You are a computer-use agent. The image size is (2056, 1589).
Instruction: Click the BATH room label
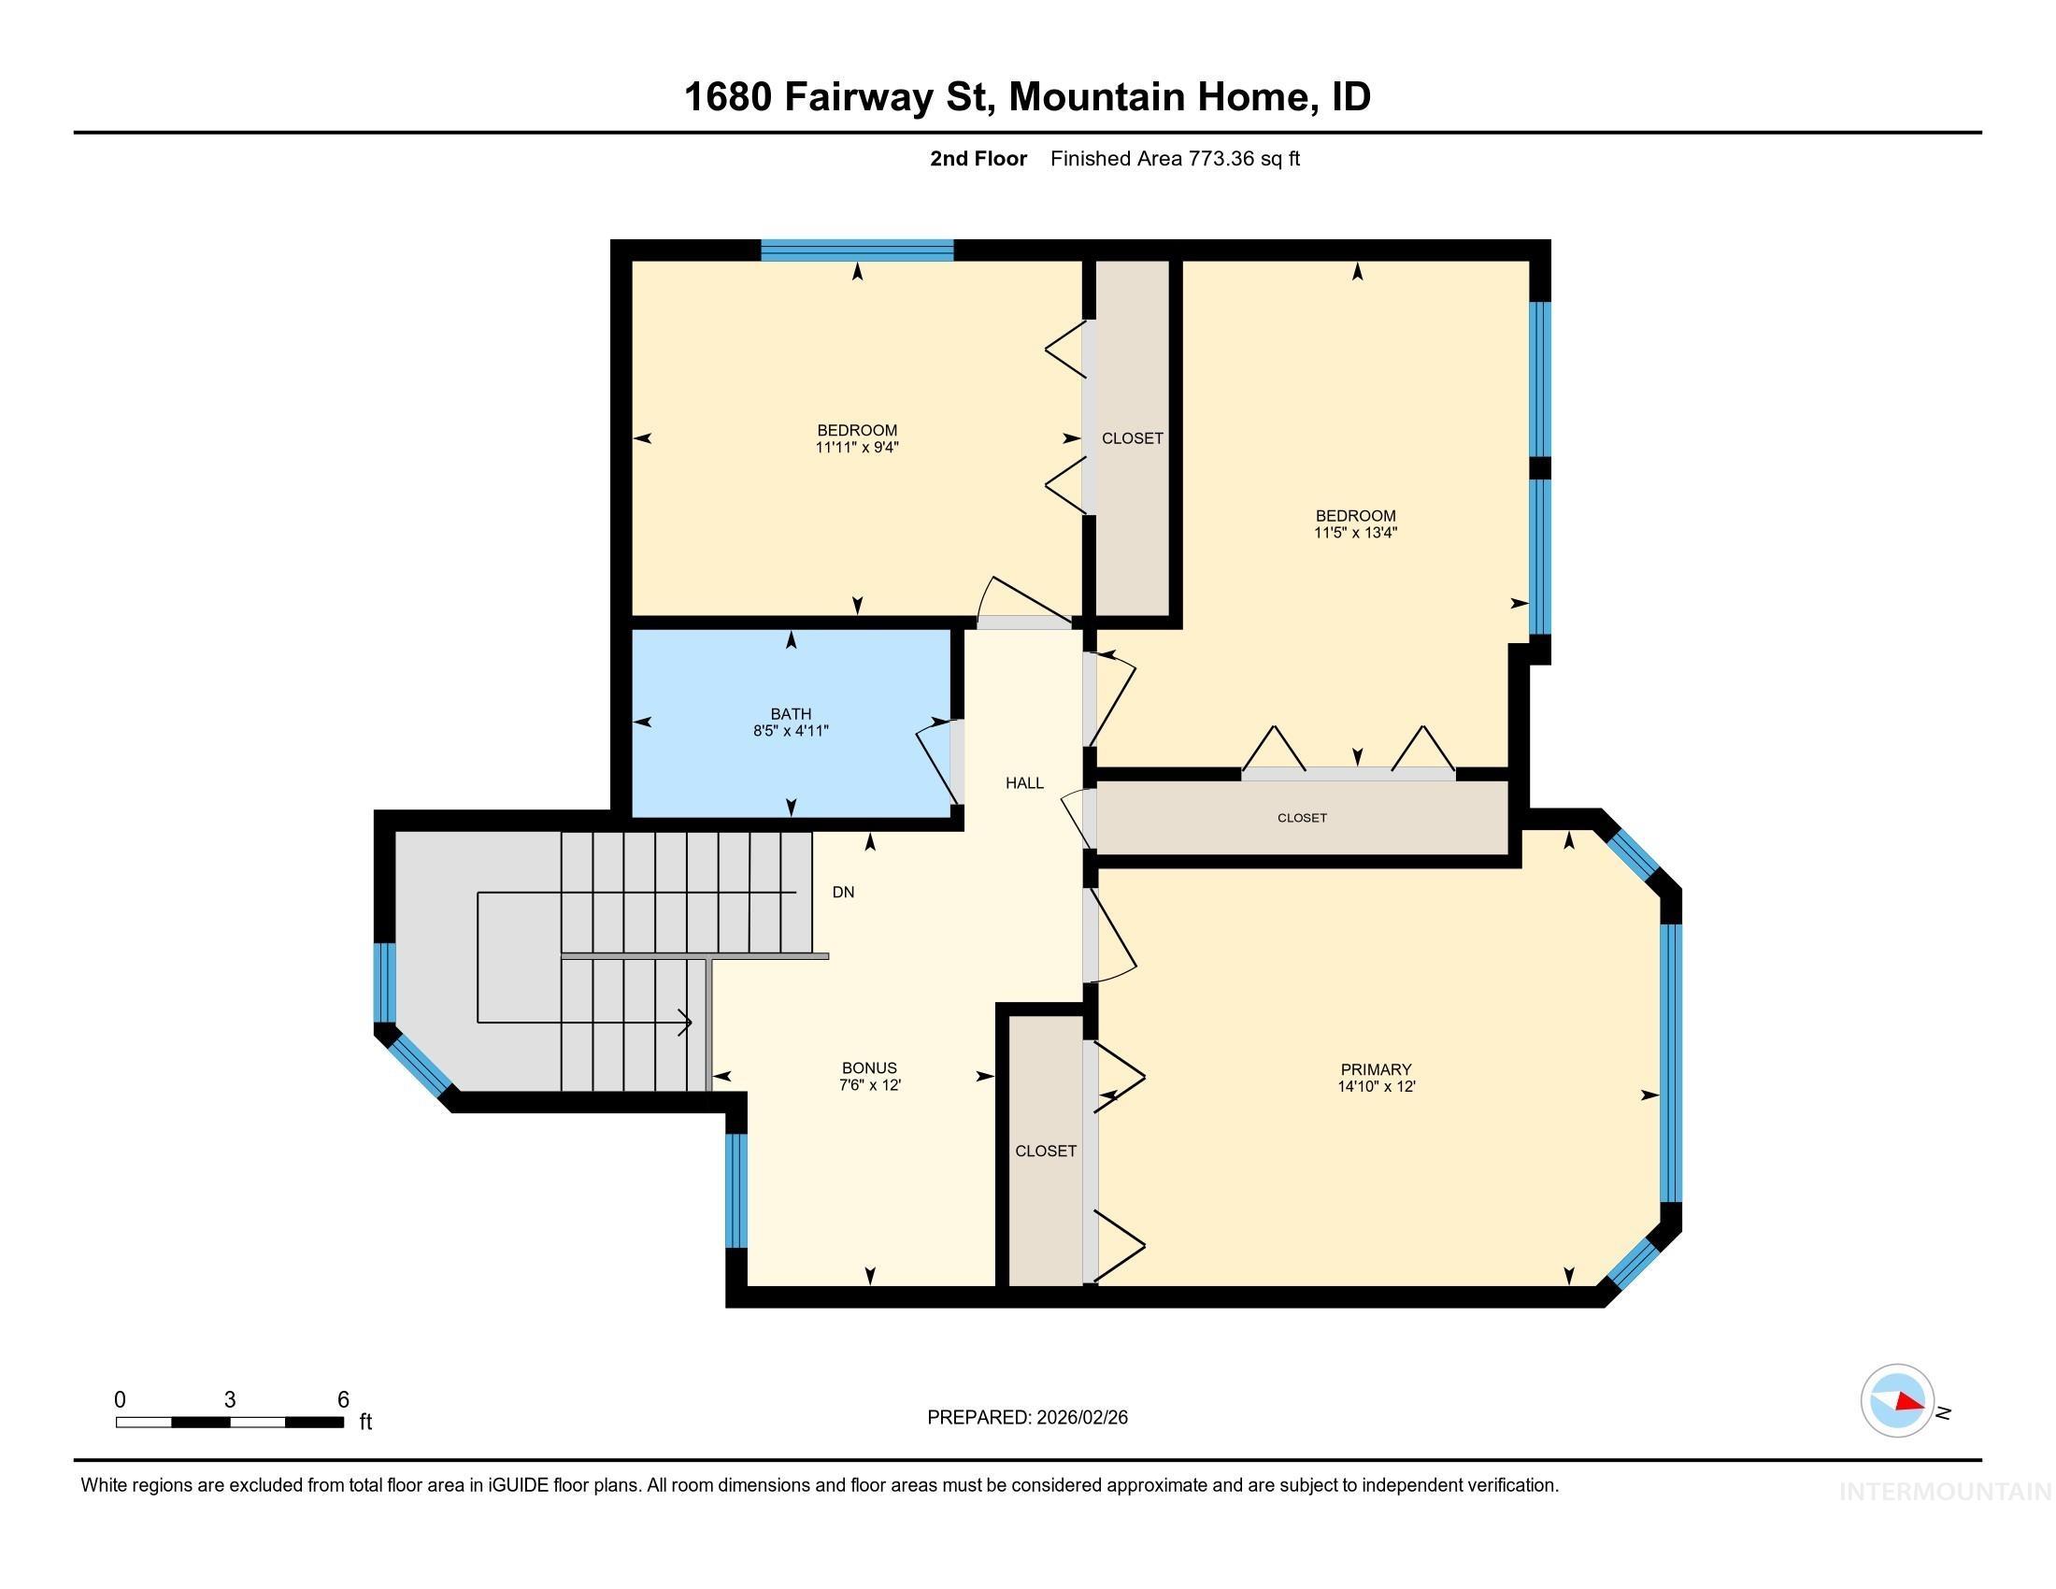tap(790, 713)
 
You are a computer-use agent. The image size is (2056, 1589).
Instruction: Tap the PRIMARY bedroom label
tap(1376, 1069)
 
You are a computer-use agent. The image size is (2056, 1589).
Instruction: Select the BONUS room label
tap(868, 1067)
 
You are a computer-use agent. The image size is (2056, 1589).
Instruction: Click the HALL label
tap(1024, 782)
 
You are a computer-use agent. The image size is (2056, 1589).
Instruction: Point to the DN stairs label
tap(843, 892)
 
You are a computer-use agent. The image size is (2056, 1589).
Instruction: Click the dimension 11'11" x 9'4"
tap(857, 448)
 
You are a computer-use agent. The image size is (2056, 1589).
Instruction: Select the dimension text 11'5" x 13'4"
tap(1356, 533)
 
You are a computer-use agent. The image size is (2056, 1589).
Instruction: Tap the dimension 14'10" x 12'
tap(1376, 1086)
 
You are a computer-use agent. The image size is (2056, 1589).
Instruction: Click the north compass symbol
tap(1897, 1401)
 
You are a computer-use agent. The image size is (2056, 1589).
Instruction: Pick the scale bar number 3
tap(230, 1400)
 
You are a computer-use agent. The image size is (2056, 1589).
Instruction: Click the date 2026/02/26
tap(1080, 1418)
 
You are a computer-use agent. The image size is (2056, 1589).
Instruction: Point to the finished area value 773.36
tap(1221, 159)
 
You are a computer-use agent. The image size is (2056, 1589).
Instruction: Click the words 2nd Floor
tap(978, 159)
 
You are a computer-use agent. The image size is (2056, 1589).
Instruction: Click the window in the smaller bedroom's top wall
tap(857, 251)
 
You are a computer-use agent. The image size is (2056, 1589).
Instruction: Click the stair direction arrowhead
tap(688, 1022)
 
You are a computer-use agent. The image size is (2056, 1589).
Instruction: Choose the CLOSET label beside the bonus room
tap(1045, 1151)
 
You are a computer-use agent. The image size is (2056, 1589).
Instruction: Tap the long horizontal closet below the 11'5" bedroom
tap(1302, 818)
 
